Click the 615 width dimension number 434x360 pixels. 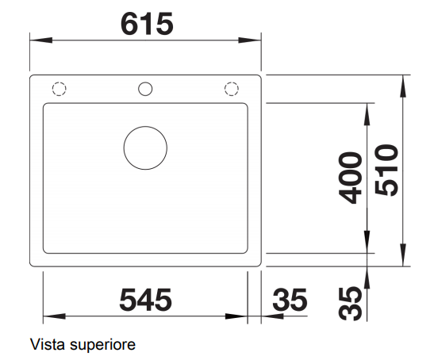[x=147, y=24]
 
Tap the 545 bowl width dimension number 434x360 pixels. [x=145, y=300]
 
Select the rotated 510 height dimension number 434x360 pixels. [x=386, y=170]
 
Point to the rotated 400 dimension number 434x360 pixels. [x=350, y=178]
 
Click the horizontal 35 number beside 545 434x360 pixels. [x=290, y=300]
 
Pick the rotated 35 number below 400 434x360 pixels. [x=350, y=304]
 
